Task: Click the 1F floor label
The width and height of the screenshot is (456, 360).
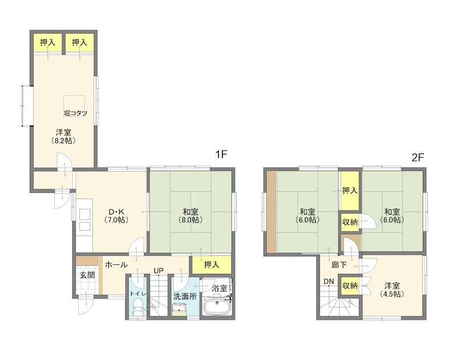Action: (x=221, y=154)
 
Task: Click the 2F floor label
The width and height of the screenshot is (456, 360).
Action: (x=418, y=157)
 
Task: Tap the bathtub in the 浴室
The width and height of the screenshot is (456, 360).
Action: (x=217, y=306)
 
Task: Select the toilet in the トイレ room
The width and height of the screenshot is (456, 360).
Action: (x=137, y=308)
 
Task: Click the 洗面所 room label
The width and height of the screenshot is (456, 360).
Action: (x=185, y=297)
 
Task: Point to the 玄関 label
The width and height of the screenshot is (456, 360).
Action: (x=88, y=275)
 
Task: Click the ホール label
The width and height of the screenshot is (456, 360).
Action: (x=116, y=265)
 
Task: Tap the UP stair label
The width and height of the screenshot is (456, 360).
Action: (x=158, y=270)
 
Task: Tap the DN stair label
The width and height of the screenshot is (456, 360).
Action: (x=329, y=281)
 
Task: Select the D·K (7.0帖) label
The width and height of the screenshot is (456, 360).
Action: (x=116, y=215)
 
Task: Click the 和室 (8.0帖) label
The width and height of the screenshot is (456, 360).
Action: (x=190, y=215)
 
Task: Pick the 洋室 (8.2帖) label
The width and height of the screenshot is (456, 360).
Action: (x=64, y=136)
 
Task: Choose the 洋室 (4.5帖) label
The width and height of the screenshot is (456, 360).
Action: (x=392, y=290)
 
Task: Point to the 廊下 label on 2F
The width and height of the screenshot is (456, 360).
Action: (x=339, y=265)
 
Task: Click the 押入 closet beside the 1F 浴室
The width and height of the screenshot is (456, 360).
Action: (x=211, y=265)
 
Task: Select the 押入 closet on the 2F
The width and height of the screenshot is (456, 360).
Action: (x=350, y=191)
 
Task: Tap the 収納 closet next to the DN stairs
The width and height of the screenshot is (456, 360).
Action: (x=350, y=285)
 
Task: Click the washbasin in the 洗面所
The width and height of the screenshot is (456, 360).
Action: (x=179, y=310)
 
